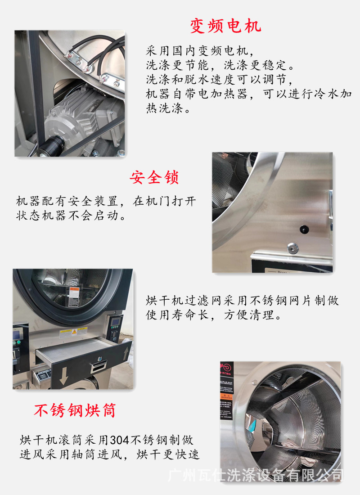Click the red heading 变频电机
225,26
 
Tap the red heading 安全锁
154,177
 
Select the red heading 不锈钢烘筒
75,410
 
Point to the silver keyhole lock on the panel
292,247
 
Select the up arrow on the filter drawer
126,352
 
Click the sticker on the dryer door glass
73,292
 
